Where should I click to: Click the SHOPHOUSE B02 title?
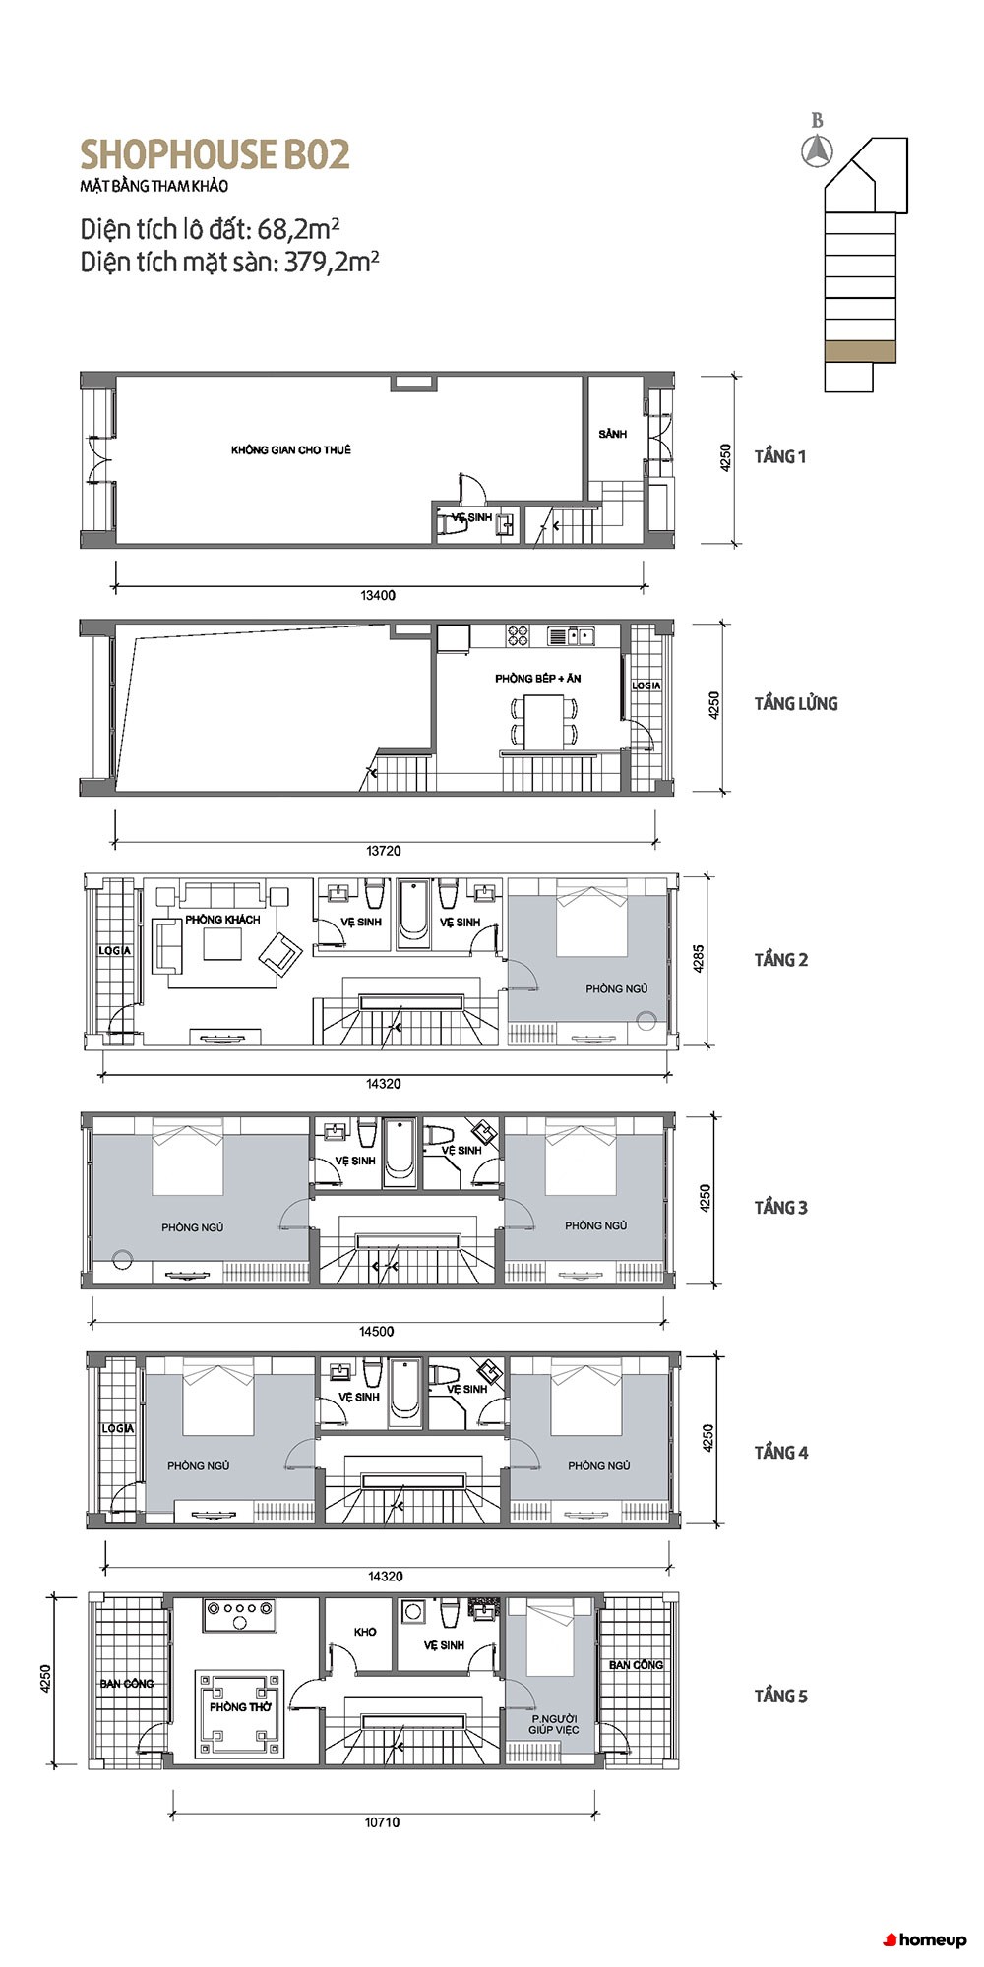[x=215, y=155]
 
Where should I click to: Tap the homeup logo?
[x=925, y=1939]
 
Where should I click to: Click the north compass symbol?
[x=817, y=150]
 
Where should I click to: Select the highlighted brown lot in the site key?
[x=860, y=351]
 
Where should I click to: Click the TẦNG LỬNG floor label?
[x=796, y=703]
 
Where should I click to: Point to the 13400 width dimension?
[x=378, y=595]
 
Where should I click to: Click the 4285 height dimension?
[x=698, y=959]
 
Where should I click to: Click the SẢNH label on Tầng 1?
[x=612, y=434]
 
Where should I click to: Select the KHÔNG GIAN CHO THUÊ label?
[x=291, y=449]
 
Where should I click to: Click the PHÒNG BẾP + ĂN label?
[x=538, y=679]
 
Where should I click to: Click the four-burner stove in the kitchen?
[x=518, y=636]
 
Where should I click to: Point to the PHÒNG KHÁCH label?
[x=222, y=920]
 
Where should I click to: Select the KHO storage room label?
[x=365, y=1632]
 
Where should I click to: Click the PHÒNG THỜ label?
[x=240, y=1706]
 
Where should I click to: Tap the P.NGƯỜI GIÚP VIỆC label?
[x=554, y=1723]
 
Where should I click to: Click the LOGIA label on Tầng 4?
[x=117, y=1427]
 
